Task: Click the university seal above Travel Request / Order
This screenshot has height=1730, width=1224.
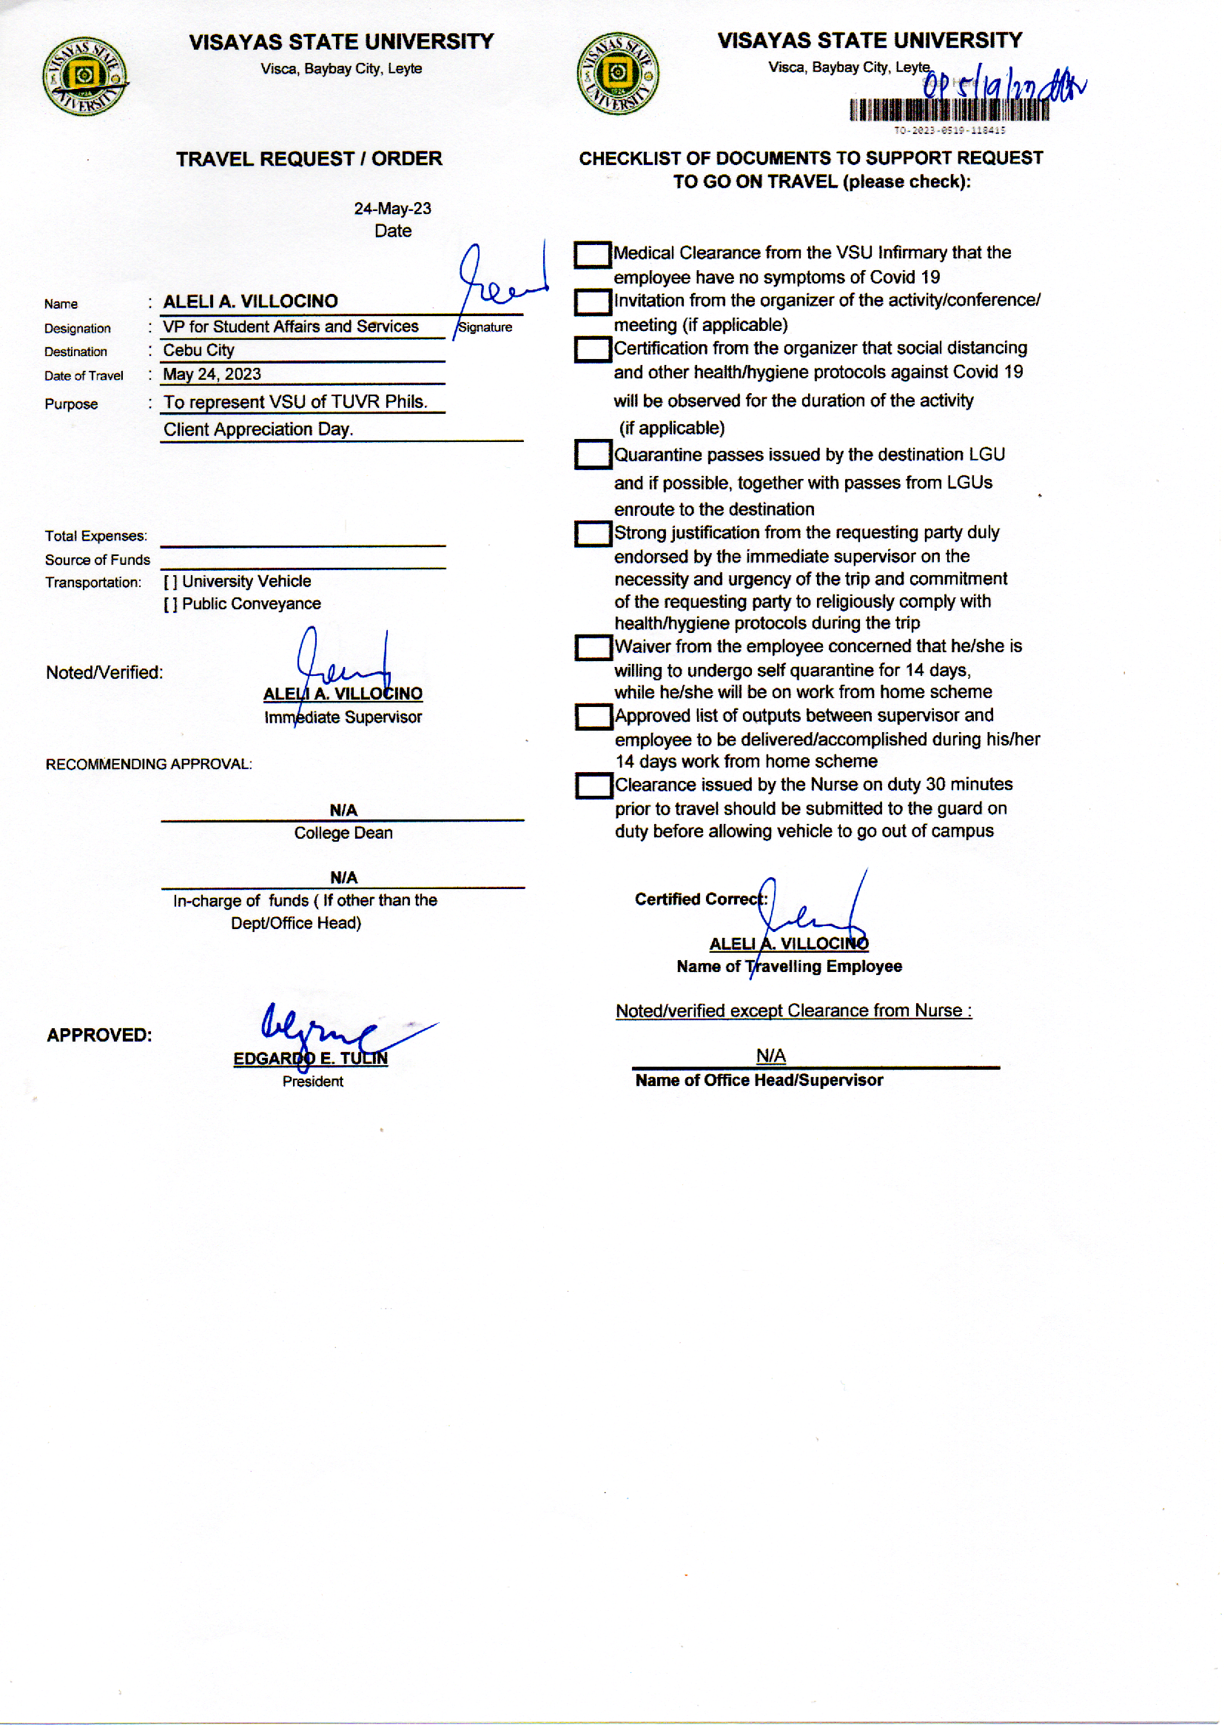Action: [84, 76]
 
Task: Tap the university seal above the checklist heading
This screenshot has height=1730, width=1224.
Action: [617, 74]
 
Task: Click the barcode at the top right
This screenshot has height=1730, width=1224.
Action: [948, 111]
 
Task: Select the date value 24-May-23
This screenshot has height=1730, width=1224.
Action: [393, 209]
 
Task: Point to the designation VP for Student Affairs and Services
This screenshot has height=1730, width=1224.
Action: [291, 326]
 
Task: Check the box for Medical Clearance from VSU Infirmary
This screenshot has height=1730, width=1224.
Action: [593, 255]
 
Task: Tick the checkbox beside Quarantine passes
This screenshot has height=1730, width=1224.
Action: [593, 455]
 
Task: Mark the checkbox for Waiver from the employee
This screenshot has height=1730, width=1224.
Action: [593, 648]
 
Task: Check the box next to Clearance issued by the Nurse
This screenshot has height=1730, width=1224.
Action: [594, 786]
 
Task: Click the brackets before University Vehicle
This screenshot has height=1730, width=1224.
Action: [170, 582]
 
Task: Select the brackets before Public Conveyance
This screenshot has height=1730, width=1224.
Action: [170, 605]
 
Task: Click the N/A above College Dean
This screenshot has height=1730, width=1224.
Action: [343, 811]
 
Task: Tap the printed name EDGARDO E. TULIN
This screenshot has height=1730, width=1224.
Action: [311, 1059]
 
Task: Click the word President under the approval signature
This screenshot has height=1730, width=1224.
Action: [313, 1082]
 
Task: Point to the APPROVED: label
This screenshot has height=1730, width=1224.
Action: [99, 1035]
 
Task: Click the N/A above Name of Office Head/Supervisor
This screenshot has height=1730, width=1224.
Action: [770, 1056]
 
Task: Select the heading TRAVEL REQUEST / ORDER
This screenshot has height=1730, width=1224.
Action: [309, 159]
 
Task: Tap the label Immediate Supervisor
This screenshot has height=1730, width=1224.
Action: [343, 717]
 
